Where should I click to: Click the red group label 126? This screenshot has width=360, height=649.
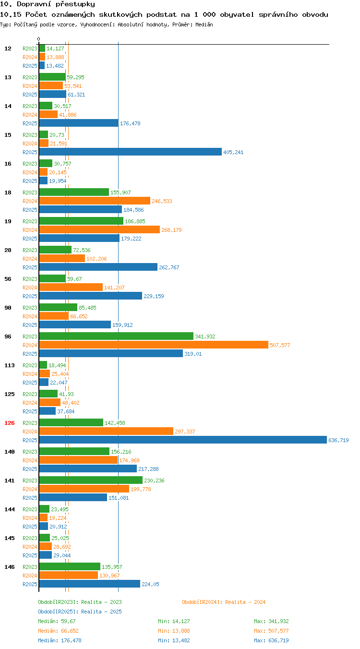tap(9, 423)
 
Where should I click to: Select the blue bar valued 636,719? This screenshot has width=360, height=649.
tap(183, 440)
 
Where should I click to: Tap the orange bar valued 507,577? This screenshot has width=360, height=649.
tap(154, 345)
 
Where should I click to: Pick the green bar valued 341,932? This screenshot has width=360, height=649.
tap(116, 336)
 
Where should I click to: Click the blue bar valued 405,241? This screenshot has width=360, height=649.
tap(131, 152)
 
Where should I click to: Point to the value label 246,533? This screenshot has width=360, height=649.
tap(162, 201)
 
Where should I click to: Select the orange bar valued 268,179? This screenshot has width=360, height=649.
tap(99, 229)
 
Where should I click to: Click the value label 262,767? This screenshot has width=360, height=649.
tap(169, 267)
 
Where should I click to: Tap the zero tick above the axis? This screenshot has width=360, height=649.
tap(38, 39)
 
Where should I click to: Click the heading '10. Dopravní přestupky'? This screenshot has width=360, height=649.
tap(48, 4)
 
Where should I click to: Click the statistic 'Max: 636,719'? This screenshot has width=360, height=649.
tap(271, 640)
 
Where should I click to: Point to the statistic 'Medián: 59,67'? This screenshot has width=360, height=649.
tap(57, 621)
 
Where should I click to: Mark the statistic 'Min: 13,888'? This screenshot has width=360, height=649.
tap(174, 631)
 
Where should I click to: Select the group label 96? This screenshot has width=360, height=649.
tap(8, 337)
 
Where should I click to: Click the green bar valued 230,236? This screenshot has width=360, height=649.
tap(91, 480)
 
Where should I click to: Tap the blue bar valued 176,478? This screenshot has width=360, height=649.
tap(79, 123)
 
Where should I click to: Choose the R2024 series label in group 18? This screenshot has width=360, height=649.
tap(30, 201)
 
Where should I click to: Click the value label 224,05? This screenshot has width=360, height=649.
tap(150, 584)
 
